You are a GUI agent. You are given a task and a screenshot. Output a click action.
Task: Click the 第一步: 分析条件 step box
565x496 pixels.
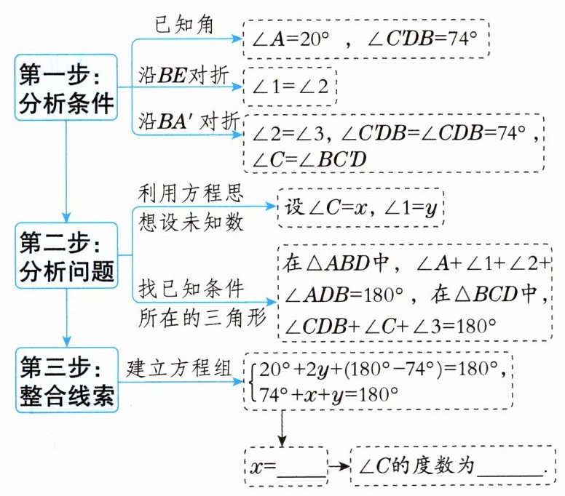click(66, 88)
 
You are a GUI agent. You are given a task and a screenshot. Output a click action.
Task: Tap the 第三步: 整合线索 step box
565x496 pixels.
click(66, 378)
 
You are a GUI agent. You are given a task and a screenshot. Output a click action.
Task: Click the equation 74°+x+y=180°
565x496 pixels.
click(334, 395)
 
